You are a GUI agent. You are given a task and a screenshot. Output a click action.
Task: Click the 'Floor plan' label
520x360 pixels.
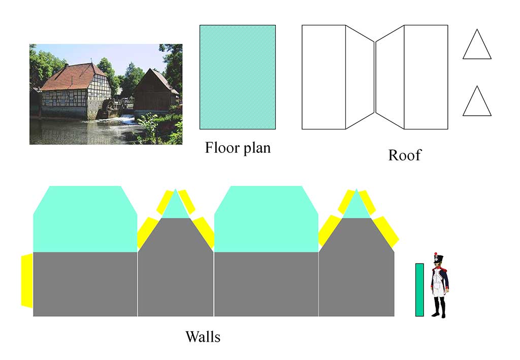click(x=238, y=148)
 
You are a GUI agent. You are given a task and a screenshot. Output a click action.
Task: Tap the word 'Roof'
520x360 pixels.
click(x=405, y=155)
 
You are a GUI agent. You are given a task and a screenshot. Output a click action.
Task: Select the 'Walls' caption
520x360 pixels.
click(x=203, y=336)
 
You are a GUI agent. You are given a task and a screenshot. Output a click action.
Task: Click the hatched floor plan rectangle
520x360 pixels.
click(x=237, y=77)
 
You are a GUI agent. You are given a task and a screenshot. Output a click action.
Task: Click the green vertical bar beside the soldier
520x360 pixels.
click(x=419, y=289)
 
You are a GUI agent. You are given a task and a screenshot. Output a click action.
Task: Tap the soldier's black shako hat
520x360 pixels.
click(x=438, y=260)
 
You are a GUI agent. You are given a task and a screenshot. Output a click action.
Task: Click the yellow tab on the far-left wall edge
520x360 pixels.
click(x=27, y=281)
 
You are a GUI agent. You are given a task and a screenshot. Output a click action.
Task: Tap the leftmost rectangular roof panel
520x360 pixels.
click(x=323, y=77)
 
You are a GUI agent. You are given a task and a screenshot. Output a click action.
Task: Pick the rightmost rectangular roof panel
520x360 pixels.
click(x=426, y=77)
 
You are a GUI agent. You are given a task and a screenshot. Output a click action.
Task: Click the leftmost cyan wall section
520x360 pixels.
click(x=85, y=218)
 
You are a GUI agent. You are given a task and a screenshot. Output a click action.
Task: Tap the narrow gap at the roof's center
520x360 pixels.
click(x=375, y=77)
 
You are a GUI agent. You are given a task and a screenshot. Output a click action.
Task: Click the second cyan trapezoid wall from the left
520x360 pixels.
click(x=266, y=218)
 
